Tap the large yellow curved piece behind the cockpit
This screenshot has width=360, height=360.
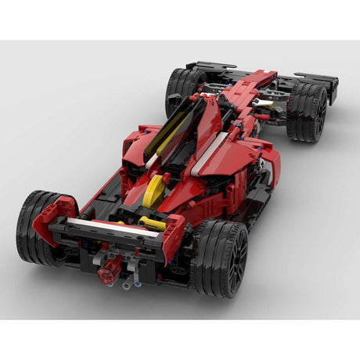click(153, 190)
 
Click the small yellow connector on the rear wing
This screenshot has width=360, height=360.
click(152, 224)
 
